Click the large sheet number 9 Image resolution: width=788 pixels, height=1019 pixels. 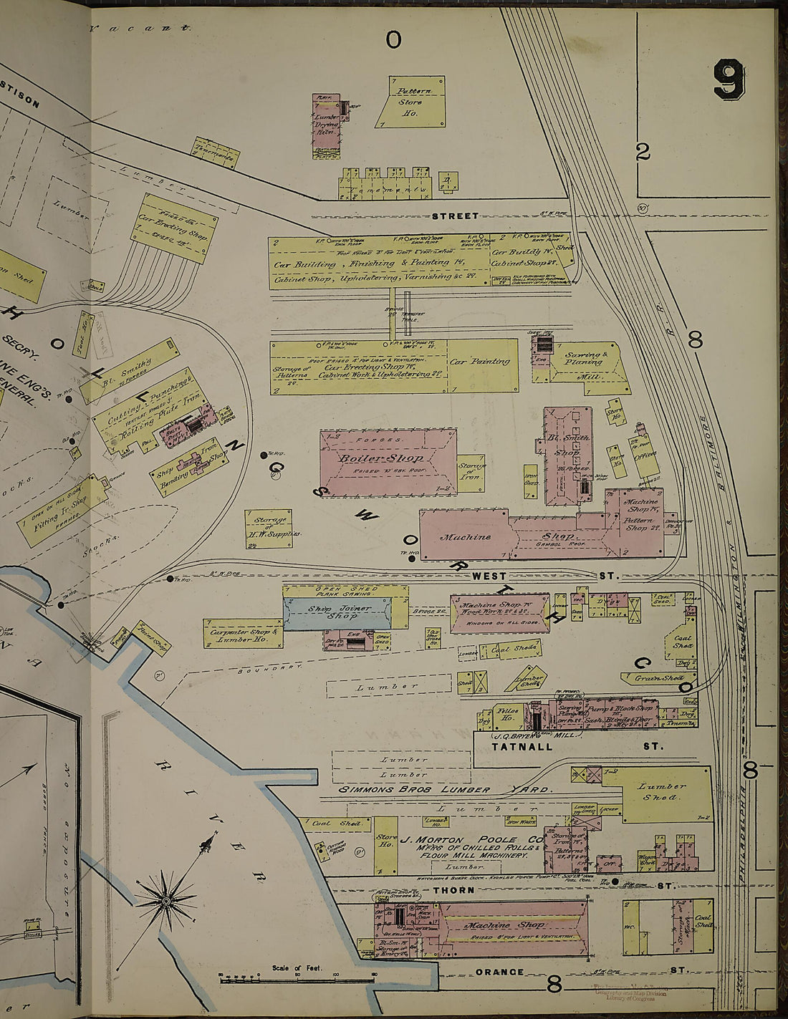[729, 79]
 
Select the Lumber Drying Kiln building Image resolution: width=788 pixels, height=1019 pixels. [327, 120]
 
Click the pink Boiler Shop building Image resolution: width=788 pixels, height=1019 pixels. [387, 458]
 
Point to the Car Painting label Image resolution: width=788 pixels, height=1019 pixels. [480, 362]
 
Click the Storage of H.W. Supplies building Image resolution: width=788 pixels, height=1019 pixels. [268, 528]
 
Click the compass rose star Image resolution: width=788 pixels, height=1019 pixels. [166, 899]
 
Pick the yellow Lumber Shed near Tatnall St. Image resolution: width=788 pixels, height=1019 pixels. [663, 791]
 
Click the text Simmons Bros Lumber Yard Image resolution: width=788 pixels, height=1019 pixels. [445, 789]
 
